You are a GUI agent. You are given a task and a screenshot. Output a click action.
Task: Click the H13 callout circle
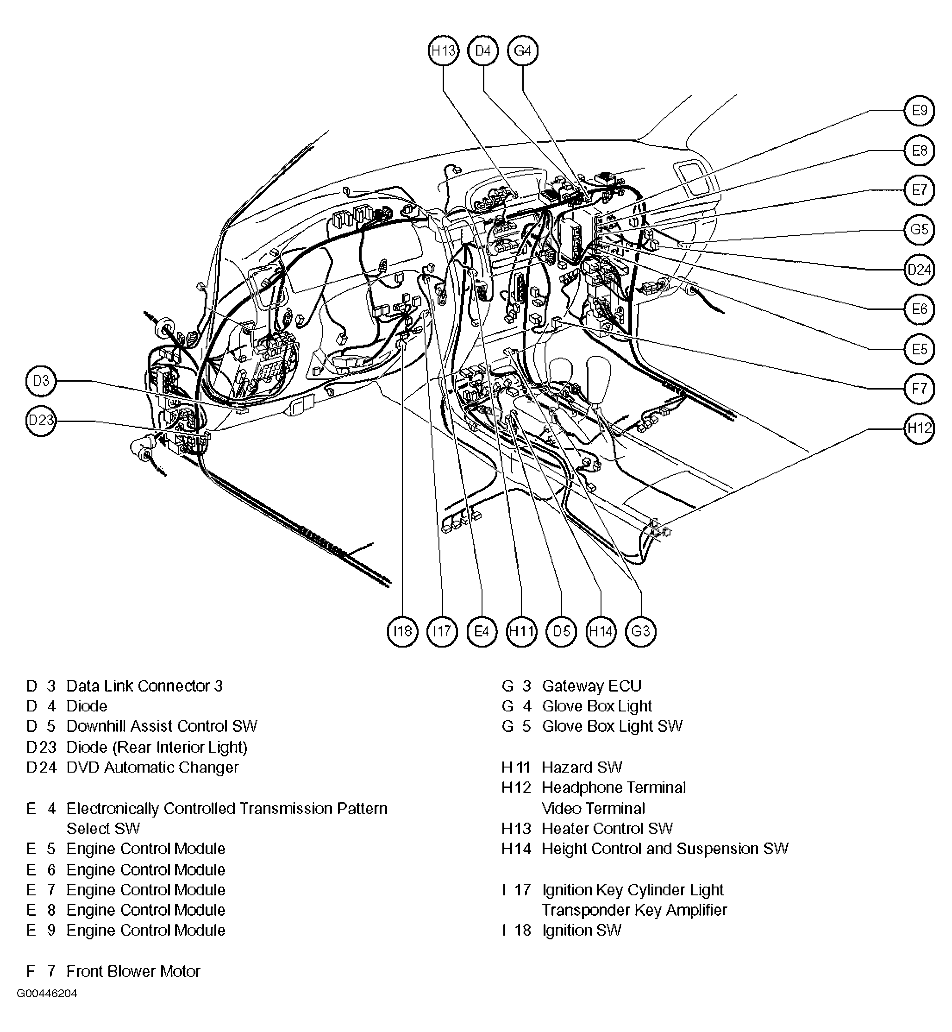[x=443, y=50]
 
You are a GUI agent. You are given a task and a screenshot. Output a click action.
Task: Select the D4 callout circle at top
[x=482, y=50]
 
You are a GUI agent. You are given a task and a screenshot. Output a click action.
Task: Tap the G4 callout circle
[x=522, y=50]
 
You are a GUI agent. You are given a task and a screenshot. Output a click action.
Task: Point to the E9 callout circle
[x=919, y=110]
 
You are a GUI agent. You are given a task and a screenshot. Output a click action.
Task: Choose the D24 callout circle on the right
[x=919, y=270]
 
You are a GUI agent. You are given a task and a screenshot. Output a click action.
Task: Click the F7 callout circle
[x=919, y=388]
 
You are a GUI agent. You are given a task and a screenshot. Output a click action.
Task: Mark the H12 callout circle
[x=919, y=428]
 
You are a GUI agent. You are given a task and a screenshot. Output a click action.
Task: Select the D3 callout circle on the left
[x=41, y=381]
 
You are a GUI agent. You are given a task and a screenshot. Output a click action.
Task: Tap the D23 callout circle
[x=41, y=421]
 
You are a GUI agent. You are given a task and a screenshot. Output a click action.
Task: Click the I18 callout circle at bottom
[x=402, y=631]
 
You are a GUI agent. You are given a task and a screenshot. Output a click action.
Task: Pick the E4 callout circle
[x=482, y=631]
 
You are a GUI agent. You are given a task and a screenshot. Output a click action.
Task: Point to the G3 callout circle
[x=640, y=631]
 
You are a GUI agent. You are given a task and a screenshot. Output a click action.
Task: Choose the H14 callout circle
[x=601, y=631]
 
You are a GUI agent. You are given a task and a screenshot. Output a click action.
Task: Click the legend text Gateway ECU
[x=591, y=686]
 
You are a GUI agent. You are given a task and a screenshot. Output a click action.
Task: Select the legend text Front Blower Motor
[x=133, y=972]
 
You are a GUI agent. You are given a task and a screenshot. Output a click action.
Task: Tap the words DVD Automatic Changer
[x=152, y=768]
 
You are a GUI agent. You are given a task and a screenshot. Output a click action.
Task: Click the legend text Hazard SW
[x=582, y=768]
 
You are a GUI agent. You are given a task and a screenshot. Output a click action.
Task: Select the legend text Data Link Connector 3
[x=144, y=686]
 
